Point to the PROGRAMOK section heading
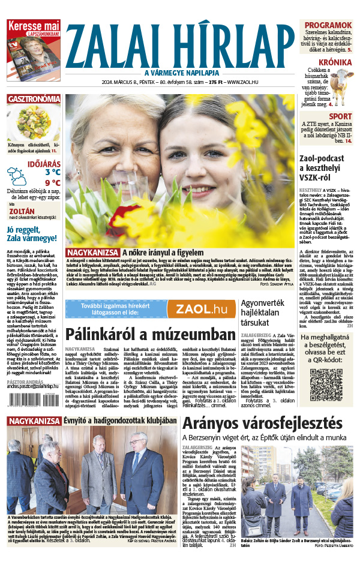tap(327, 25)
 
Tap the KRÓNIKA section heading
tap(335, 62)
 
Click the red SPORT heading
tap(340, 116)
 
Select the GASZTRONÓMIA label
tap(34, 99)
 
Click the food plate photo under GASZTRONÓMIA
tap(34, 122)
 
